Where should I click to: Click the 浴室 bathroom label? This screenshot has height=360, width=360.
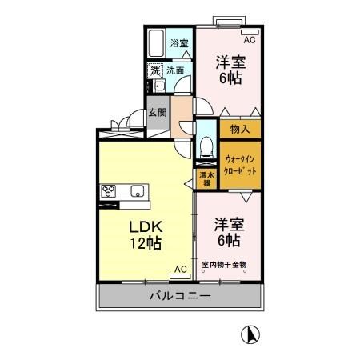point(179,43)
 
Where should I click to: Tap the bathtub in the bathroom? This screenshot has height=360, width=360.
point(156,43)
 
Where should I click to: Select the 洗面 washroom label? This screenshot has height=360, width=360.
point(175,70)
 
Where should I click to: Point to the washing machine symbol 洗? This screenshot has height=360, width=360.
point(155,70)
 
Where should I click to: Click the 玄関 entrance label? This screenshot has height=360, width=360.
point(158,113)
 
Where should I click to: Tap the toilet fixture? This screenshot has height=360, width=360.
point(206,147)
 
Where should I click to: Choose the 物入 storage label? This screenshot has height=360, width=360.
point(240,130)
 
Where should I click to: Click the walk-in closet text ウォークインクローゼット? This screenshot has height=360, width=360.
point(240,166)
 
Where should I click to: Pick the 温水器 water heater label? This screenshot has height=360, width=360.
point(207,179)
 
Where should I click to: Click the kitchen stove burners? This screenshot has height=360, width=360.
point(108,191)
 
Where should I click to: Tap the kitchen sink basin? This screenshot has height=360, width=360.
point(138,191)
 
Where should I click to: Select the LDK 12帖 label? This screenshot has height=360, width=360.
point(146,235)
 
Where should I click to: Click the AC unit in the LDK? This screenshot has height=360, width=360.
point(181,276)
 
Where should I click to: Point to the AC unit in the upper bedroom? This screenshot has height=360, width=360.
point(250,32)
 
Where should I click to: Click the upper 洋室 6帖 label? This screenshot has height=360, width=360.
point(230,70)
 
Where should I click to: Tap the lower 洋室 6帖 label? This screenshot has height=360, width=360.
point(229,232)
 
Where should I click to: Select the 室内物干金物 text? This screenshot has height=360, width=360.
point(224,265)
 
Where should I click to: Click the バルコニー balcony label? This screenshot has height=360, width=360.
point(180,295)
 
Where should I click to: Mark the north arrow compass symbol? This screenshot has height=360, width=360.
point(250,335)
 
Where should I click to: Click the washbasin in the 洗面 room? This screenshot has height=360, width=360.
point(160,86)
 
